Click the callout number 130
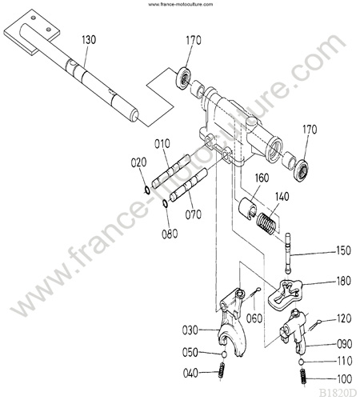pos(89,40)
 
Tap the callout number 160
pos(262,178)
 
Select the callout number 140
pos(282,197)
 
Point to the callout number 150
pos(343,250)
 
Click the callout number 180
pos(343,281)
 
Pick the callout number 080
pos(170,234)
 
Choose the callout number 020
pos(138,162)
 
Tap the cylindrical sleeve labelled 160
pos(247,208)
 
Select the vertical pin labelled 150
pos(287,253)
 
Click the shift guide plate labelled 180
pos(285,294)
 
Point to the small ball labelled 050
pos(225,354)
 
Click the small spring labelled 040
pos(221,370)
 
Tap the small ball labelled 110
pos(301,362)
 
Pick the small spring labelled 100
pos(303,376)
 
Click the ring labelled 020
pos(146,190)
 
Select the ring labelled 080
pos(165,203)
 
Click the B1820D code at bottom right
pos(338,393)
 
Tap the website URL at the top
pos(181,4)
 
